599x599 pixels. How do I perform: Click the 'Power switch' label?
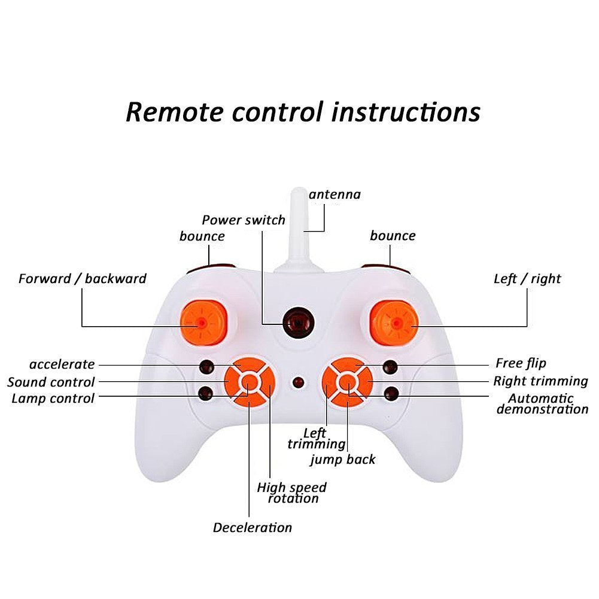(243, 220)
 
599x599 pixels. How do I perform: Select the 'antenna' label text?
(335, 194)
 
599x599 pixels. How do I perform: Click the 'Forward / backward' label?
(82, 278)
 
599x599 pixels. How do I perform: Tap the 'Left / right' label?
(527, 278)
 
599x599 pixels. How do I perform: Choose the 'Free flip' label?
(521, 363)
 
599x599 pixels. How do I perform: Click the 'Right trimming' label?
(540, 381)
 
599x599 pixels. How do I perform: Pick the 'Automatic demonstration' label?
(542, 404)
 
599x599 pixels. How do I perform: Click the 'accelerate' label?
(62, 364)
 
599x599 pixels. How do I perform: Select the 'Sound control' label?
(51, 382)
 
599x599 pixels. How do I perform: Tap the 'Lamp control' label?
(53, 399)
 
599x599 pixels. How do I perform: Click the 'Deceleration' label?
(253, 527)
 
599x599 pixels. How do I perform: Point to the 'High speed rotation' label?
(292, 492)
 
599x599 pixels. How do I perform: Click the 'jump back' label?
(343, 460)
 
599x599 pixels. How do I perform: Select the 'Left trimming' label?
(315, 438)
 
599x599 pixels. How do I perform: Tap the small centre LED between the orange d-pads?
(297, 381)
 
